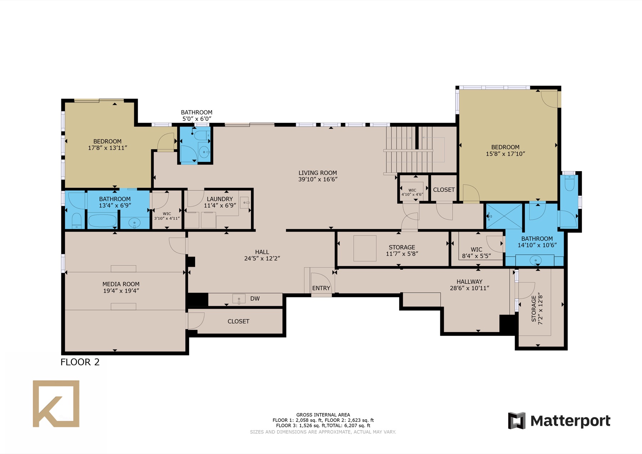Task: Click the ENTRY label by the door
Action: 321,288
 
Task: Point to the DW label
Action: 255,299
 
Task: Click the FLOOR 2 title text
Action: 80,362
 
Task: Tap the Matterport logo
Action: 559,421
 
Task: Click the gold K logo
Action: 56,404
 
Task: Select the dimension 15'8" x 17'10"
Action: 505,154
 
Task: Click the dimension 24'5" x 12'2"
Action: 262,259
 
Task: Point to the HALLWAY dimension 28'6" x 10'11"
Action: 469,288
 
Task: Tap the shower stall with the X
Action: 504,216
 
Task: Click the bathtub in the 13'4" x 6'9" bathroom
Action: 103,220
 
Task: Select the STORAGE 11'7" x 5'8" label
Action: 402,250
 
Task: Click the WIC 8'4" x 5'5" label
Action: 477,252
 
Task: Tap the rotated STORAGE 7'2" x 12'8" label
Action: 537,309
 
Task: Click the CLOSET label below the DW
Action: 238,321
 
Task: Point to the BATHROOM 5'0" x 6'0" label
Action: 197,116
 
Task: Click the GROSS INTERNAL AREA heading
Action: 323,415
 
